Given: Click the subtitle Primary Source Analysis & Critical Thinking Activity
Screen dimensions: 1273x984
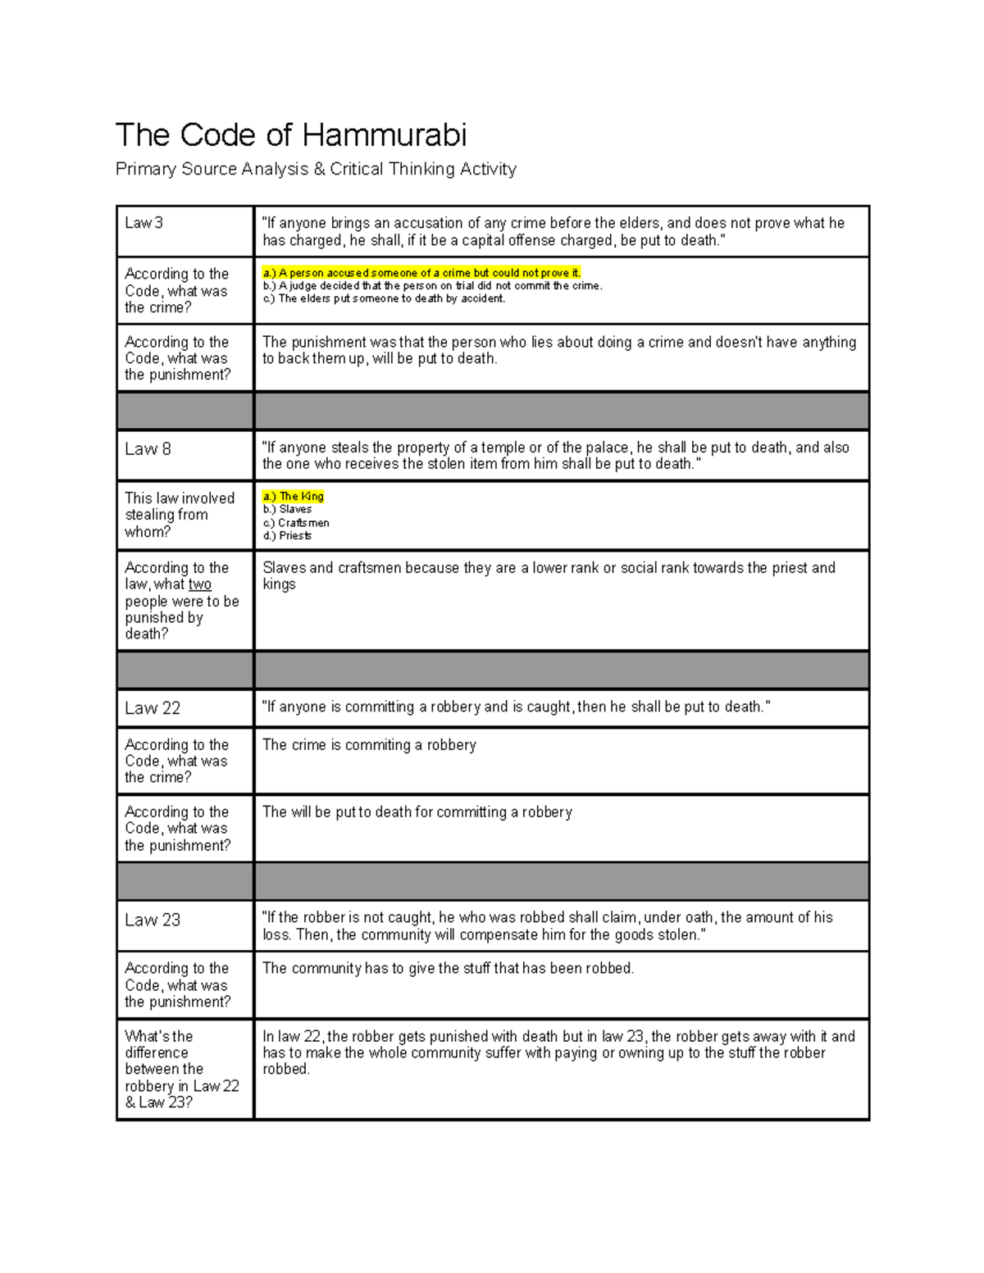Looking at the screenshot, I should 316,170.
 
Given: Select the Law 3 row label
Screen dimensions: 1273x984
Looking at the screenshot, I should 143,223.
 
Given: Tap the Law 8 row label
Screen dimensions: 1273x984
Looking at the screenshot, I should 148,449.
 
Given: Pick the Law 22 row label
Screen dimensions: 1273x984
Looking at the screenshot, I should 152,708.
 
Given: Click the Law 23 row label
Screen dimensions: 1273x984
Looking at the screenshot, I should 152,921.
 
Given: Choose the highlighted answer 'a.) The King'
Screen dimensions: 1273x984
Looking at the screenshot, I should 294,497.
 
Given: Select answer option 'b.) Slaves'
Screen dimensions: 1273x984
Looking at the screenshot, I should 287,510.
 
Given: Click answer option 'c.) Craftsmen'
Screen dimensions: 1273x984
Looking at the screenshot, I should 296,523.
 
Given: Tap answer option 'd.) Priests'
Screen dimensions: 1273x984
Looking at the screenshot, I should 287,536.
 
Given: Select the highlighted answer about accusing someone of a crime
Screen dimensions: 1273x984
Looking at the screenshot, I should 421,273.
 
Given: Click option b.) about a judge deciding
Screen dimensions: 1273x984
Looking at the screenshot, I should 432,286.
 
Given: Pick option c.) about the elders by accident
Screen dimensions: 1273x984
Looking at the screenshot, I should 384,299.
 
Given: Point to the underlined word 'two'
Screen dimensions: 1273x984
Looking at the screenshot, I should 199,584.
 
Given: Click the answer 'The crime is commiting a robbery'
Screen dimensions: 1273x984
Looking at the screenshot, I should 369,745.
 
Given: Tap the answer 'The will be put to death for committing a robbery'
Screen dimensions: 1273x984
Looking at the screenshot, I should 417,812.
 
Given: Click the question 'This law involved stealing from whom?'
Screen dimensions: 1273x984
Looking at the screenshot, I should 179,515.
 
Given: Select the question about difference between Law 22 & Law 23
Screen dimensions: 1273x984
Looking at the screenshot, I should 181,1069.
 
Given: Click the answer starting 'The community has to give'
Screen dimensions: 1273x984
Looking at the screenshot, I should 448,969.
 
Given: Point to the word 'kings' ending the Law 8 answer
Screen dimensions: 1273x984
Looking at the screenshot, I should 279,584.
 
